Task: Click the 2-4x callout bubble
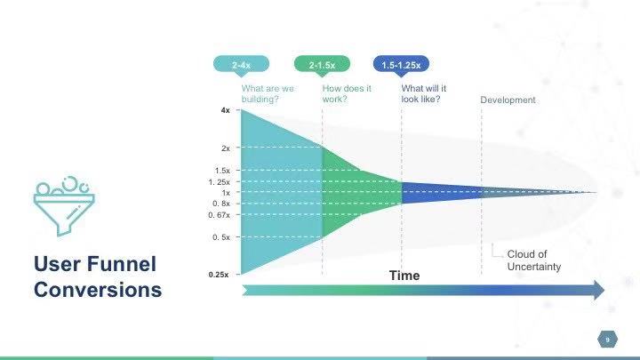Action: pos(241,65)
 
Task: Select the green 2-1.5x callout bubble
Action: pos(322,65)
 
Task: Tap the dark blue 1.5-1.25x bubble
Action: pos(401,65)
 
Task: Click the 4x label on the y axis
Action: pos(225,110)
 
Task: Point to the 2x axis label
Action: pos(225,148)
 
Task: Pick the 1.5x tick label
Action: pos(222,171)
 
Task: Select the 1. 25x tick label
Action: pos(220,182)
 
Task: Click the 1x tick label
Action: pos(226,193)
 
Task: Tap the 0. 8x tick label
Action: pos(221,204)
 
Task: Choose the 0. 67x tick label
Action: pos(220,215)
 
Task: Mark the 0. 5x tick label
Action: pos(221,237)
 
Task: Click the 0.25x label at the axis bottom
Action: pos(219,275)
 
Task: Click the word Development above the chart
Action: pos(508,100)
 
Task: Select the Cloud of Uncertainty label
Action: pos(534,260)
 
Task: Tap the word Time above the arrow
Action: pos(404,276)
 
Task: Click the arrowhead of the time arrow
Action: pos(599,290)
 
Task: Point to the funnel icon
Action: pos(64,206)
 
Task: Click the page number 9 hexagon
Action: pos(607,340)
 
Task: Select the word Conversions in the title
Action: pos(98,290)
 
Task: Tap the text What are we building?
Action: pos(268,94)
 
